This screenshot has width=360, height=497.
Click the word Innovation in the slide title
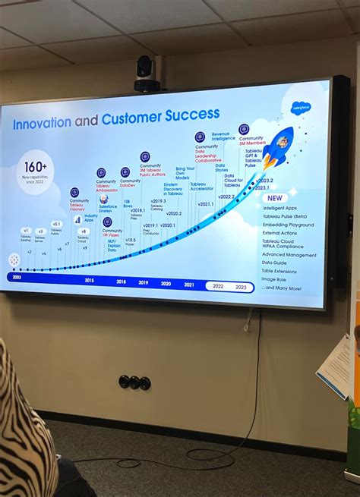coord(42,122)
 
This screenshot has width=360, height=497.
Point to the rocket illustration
coord(277,147)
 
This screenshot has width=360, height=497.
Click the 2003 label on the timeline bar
coord(16,278)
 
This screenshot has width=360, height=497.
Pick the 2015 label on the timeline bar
coord(89,281)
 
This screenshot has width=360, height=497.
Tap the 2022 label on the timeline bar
coord(218,286)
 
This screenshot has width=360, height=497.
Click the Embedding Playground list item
coord(288,225)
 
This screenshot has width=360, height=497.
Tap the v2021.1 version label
coord(206,203)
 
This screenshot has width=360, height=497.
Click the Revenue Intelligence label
coord(224,136)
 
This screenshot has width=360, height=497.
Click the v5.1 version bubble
coord(56,224)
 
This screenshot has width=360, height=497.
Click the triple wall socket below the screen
coord(134,382)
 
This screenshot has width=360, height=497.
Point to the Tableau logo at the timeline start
coord(14,260)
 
